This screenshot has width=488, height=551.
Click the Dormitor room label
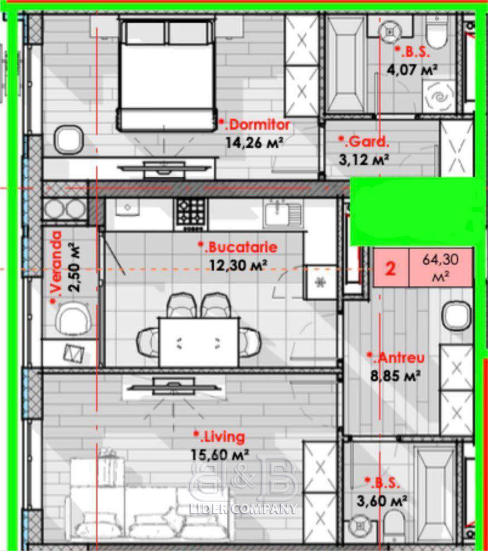pyautogui.click(x=255, y=125)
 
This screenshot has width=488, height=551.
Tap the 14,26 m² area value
pyautogui.click(x=255, y=143)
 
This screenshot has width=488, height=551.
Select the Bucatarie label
pyautogui.click(x=238, y=247)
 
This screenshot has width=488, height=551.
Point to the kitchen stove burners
pyautogui.click(x=191, y=213)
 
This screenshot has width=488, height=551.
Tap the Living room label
pyautogui.click(x=219, y=437)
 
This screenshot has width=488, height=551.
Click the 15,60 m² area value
pyautogui.click(x=220, y=455)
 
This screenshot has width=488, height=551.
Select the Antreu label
pyautogui.click(x=396, y=358)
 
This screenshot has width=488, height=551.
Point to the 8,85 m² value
pyautogui.click(x=396, y=376)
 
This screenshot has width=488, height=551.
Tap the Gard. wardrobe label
pyautogui.click(x=364, y=142)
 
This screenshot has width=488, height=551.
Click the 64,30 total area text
pyautogui.click(x=440, y=267)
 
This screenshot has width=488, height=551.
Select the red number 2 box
pyautogui.click(x=391, y=268)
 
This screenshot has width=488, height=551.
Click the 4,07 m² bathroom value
pyautogui.click(x=412, y=70)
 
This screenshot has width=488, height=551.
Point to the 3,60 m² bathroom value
pyautogui.click(x=382, y=500)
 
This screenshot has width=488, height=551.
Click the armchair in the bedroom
pyautogui.click(x=69, y=140)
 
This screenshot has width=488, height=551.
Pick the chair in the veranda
pyautogui.click(x=74, y=319)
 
